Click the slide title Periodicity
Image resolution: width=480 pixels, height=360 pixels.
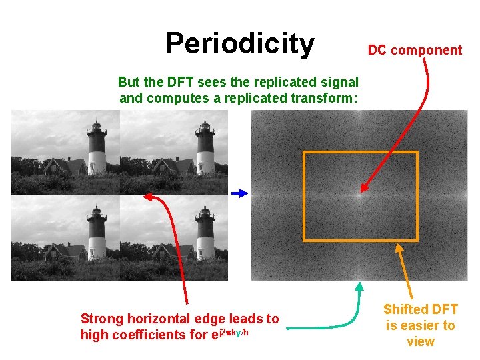point(240,43)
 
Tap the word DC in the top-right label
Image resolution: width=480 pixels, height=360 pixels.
point(377,50)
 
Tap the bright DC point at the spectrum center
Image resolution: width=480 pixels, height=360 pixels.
point(360,193)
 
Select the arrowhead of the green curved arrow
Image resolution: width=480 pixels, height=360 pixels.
point(359,286)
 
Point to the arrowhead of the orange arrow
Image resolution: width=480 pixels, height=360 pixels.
point(399,247)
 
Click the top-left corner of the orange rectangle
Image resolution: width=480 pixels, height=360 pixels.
point(304,153)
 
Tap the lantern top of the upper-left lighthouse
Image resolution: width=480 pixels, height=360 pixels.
point(97,125)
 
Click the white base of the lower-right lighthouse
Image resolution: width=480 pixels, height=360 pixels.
point(205,247)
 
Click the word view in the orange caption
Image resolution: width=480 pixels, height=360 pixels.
point(420,342)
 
